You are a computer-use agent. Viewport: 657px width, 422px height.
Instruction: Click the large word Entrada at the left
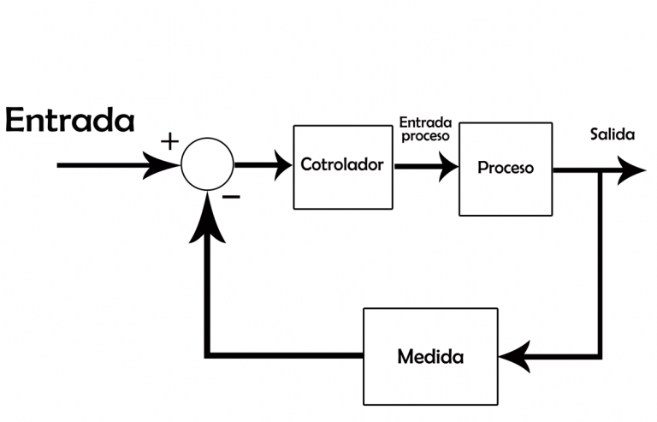(69, 121)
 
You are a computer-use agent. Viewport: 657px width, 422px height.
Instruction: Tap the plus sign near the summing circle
(170, 142)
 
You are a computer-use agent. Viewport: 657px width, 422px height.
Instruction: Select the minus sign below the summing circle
(231, 197)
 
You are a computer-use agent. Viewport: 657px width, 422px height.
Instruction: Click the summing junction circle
(207, 164)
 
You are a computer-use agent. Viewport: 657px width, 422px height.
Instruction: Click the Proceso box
(505, 168)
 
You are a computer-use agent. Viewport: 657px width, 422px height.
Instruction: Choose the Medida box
(430, 355)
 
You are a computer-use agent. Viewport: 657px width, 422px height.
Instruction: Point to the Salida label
(612, 135)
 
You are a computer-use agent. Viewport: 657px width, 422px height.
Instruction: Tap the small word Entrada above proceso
(425, 122)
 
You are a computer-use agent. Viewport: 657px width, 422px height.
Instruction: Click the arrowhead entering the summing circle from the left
(165, 164)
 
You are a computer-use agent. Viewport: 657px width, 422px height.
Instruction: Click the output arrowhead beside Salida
(630, 170)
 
